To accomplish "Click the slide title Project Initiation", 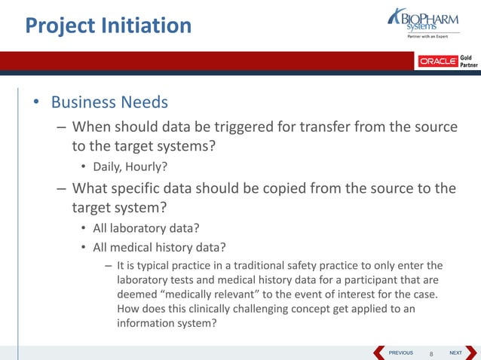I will pos(109,26).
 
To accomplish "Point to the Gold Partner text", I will pos(468,61).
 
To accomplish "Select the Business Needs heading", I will pos(109,102).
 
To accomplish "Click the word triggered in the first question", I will pos(246,127).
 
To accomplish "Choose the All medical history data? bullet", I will pos(159,247).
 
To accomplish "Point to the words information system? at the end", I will pos(167,323).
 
